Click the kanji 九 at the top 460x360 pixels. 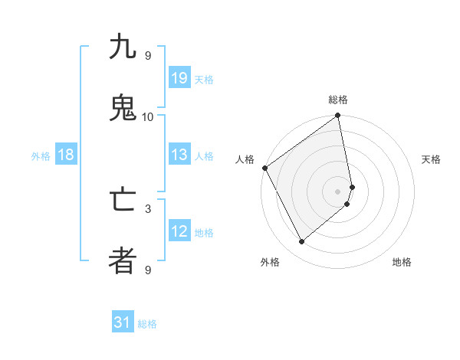[x=123, y=47]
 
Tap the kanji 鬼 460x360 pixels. [x=123, y=109]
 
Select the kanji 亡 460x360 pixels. [x=123, y=200]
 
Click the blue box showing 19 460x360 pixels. [x=179, y=78]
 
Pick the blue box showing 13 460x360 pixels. [x=179, y=155]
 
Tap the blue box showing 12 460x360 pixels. [x=179, y=231]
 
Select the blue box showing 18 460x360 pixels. [x=66, y=155]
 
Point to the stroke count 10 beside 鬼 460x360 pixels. [x=148, y=116]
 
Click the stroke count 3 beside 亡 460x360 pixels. [x=148, y=208]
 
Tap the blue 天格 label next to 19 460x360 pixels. [x=204, y=80]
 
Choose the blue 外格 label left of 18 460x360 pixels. [x=41, y=156]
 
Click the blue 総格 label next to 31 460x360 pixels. [x=147, y=324]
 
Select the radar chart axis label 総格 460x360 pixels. [x=338, y=100]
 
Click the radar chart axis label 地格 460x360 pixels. [x=402, y=262]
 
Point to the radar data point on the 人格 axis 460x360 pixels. [x=264, y=168]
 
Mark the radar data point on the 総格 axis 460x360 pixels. [x=338, y=116]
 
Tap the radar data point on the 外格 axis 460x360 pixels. [x=301, y=242]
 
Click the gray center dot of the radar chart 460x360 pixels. [x=338, y=190]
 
